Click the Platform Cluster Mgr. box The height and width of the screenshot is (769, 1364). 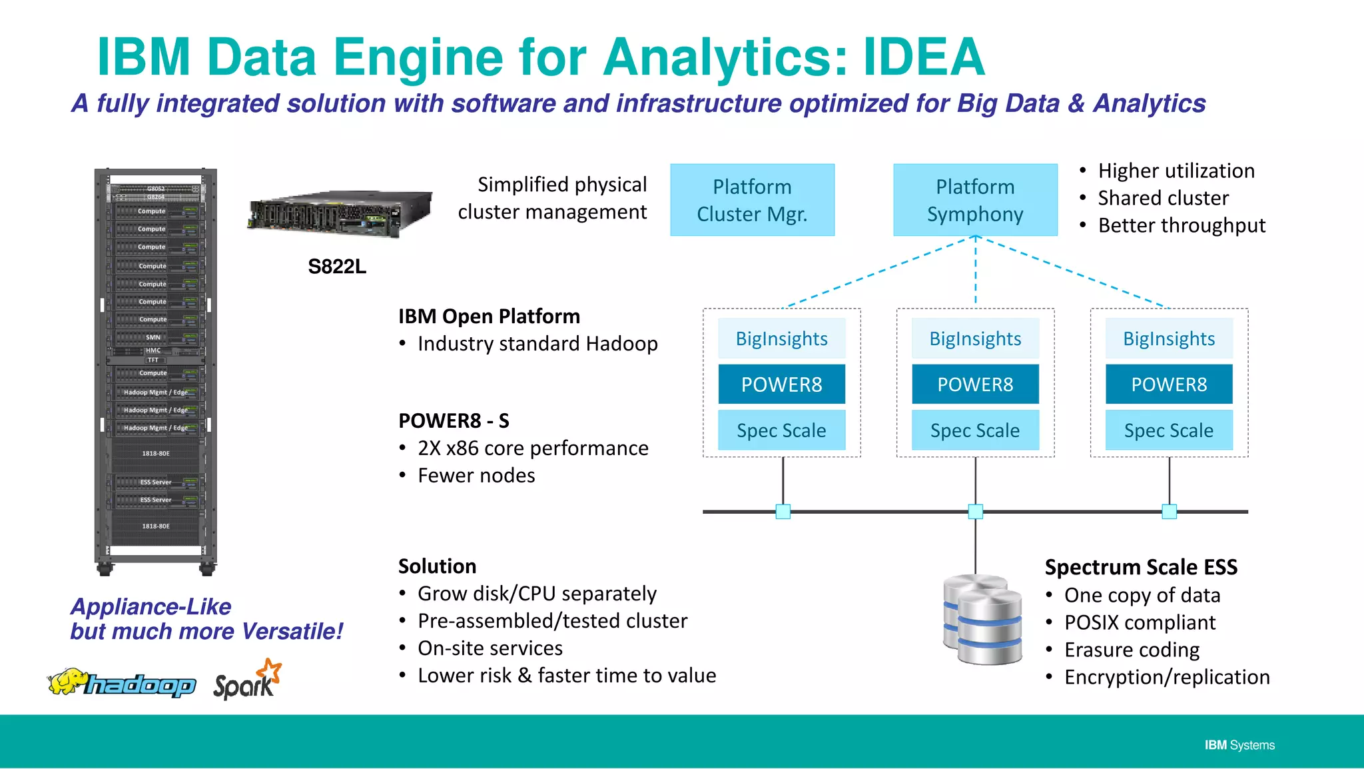[x=752, y=200]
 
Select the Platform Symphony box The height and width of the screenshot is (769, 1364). [x=975, y=200]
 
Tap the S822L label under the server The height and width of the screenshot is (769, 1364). [x=337, y=267]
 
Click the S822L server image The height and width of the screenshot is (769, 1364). [x=340, y=214]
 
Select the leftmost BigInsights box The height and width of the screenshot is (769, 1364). [x=781, y=339]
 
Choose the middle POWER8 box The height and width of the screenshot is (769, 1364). [x=975, y=384]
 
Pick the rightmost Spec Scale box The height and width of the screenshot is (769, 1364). [x=1168, y=430]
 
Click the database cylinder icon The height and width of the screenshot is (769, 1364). [x=983, y=619]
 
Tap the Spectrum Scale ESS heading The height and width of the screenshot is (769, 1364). [x=1140, y=567]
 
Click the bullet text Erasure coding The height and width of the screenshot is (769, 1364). [x=1132, y=650]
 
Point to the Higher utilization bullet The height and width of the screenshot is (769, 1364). [x=1176, y=171]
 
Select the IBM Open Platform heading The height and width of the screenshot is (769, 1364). [x=489, y=316]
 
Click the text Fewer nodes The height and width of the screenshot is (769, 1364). [x=476, y=476]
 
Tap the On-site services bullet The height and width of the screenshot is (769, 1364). [x=490, y=648]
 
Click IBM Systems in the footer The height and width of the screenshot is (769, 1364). [x=1239, y=745]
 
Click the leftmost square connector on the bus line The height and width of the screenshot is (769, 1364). [x=783, y=512]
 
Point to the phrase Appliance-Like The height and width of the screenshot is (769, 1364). [x=151, y=606]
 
